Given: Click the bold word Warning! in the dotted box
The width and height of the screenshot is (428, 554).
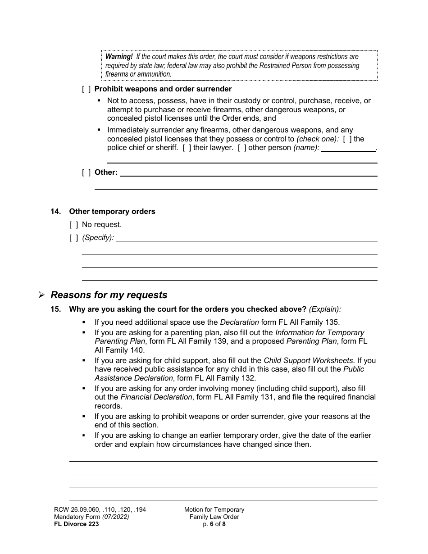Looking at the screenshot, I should pyautogui.click(x=119, y=57).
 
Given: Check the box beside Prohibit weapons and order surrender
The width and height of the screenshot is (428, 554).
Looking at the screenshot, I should pyautogui.click(x=86, y=89).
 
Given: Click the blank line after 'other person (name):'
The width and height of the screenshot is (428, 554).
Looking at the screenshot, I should pyautogui.click(x=348, y=149).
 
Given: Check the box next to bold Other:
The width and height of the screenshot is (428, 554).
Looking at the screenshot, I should pyautogui.click(x=86, y=172).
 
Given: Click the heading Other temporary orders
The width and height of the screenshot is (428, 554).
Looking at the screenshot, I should pyautogui.click(x=112, y=212).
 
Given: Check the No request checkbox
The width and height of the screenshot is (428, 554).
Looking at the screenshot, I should pyautogui.click(x=73, y=224).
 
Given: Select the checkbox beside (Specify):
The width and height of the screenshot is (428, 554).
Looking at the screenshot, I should pyautogui.click(x=73, y=237).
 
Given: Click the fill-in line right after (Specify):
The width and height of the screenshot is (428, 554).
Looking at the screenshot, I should pyautogui.click(x=246, y=239).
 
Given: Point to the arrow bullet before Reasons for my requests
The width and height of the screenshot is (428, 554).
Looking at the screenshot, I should pyautogui.click(x=41, y=295).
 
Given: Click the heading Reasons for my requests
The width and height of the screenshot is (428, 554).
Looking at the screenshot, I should pyautogui.click(x=109, y=295).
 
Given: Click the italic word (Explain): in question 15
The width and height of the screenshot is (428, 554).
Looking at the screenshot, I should pyautogui.click(x=325, y=309).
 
